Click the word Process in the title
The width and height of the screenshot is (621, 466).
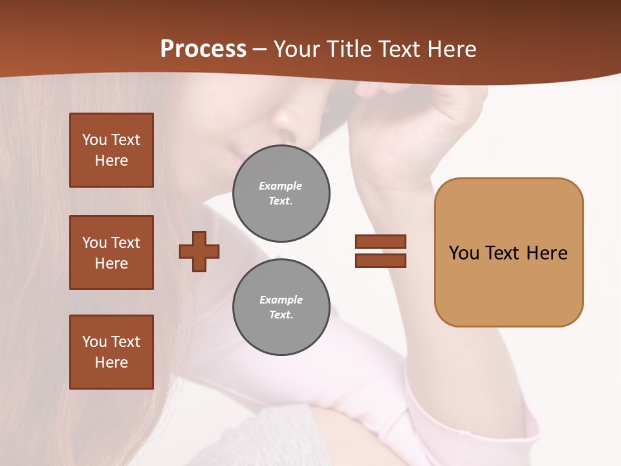click(x=203, y=49)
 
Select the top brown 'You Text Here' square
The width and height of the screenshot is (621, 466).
click(x=111, y=150)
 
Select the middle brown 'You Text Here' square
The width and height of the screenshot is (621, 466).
click(x=111, y=252)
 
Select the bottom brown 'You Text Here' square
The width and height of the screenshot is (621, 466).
click(x=111, y=352)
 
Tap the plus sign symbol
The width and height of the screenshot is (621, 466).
click(x=199, y=250)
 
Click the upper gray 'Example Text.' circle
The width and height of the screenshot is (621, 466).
click(x=281, y=194)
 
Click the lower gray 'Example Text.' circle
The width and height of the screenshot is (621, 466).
click(x=281, y=307)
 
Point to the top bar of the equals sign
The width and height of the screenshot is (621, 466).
click(x=380, y=241)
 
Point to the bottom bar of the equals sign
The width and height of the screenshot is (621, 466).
click(x=380, y=260)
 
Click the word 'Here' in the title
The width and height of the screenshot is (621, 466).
click(x=452, y=49)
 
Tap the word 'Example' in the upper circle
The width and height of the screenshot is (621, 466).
click(x=281, y=186)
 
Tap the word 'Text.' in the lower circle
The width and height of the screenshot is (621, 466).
click(x=281, y=315)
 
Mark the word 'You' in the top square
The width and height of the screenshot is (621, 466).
click(x=94, y=140)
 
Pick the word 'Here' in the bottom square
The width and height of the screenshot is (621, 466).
click(x=111, y=362)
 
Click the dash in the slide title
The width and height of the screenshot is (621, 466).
click(x=259, y=50)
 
